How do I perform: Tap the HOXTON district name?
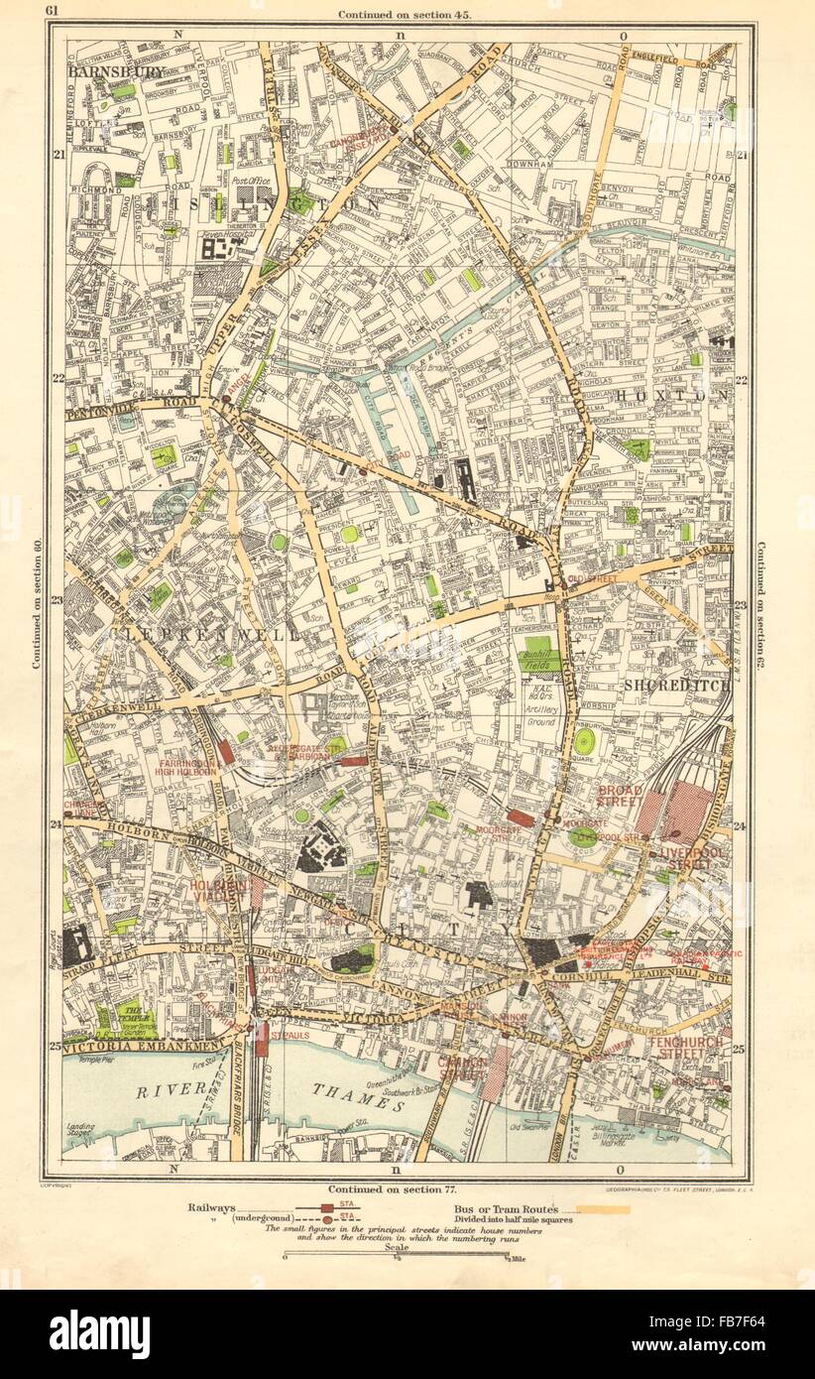coord(673,395)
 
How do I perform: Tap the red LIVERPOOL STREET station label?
coord(693,858)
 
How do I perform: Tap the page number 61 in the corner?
coord(53,12)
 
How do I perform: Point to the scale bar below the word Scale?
coord(395,1256)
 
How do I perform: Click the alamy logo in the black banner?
coord(100,1334)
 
